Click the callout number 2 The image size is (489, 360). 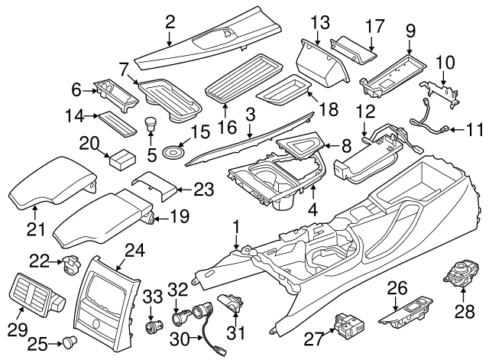[x=170, y=22]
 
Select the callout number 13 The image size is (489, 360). [x=321, y=21]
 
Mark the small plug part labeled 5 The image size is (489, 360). [x=150, y=124]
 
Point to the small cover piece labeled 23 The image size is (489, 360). [x=152, y=185]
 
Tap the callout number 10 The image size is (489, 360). [x=445, y=60]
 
